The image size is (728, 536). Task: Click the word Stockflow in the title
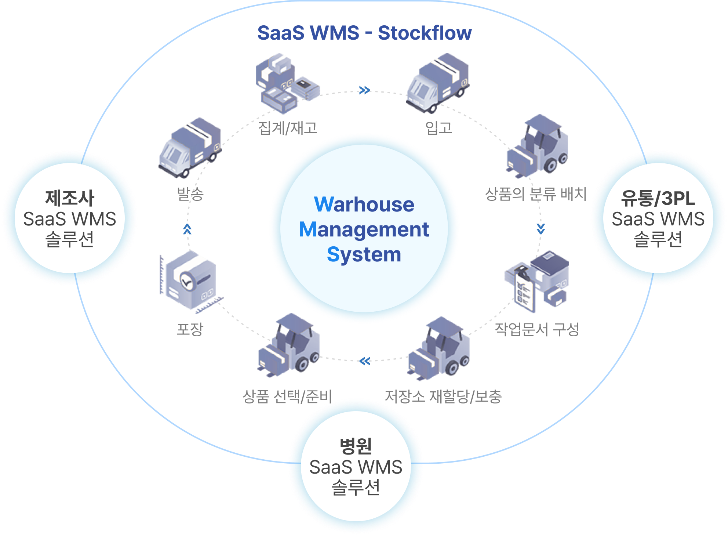click(425, 33)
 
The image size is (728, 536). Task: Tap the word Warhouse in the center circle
click(364, 204)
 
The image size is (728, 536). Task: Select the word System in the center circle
click(364, 254)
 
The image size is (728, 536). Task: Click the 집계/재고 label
click(288, 128)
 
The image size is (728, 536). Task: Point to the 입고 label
click(438, 128)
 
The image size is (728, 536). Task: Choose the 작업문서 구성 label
click(537, 329)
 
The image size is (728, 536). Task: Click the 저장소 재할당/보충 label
click(443, 396)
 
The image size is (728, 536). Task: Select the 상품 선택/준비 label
click(287, 396)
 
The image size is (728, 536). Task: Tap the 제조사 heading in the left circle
click(70, 198)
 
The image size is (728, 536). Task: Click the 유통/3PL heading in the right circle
click(658, 198)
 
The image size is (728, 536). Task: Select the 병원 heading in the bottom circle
click(356, 446)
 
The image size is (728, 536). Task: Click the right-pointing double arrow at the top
click(364, 90)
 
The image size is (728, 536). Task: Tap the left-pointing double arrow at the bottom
click(365, 361)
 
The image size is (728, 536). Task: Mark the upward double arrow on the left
click(187, 229)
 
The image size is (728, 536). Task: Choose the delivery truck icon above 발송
click(190, 147)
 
